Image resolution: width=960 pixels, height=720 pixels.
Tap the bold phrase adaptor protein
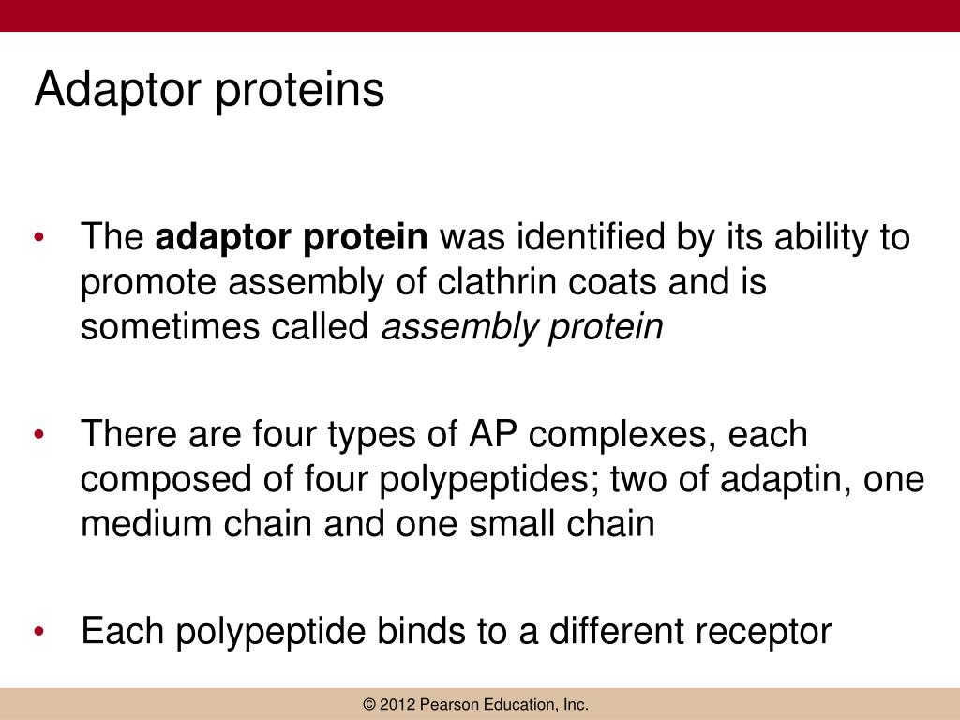292,238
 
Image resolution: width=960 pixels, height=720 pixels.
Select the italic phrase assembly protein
522,328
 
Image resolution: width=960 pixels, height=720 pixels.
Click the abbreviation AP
489,435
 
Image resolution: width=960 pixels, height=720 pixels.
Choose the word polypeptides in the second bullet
491,480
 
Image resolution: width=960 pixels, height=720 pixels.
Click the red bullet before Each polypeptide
38,632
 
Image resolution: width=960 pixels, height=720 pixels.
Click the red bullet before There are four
38,436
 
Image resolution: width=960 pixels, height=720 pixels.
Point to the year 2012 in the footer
399,705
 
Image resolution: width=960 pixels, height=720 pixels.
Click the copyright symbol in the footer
371,705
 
